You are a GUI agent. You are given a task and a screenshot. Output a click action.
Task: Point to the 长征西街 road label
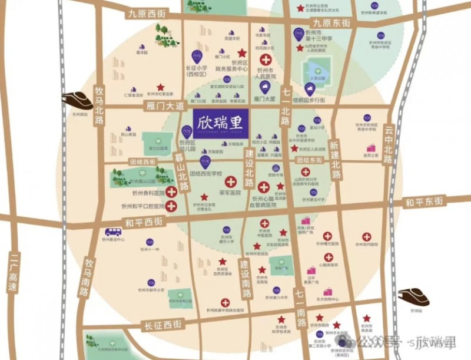tap(162, 324)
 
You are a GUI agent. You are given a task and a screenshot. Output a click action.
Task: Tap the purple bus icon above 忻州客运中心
tap(113, 232)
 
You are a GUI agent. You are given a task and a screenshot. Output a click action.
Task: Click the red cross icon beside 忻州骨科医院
tap(171, 191)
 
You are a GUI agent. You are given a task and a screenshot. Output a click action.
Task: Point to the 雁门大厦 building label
tap(264, 101)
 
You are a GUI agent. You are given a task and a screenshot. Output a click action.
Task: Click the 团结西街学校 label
tap(207, 174)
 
